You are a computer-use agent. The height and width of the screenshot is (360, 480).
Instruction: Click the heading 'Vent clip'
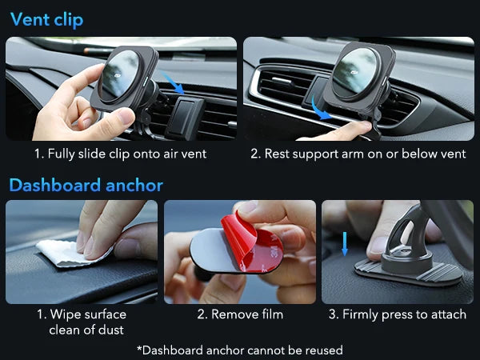pos(46,19)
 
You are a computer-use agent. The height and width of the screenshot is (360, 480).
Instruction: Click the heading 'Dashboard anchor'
pos(86,186)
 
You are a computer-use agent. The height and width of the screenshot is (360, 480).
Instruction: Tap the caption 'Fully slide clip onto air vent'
pos(120,153)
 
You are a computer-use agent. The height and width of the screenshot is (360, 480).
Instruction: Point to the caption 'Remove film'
pos(240,314)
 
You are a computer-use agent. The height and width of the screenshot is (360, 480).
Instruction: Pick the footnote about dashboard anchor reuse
pos(240,350)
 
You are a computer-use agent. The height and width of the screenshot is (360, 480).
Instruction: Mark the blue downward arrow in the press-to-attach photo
pos(346,244)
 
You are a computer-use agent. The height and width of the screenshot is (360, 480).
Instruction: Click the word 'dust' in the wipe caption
pos(109,330)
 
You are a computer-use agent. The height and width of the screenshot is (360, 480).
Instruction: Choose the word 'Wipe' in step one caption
pos(66,314)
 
